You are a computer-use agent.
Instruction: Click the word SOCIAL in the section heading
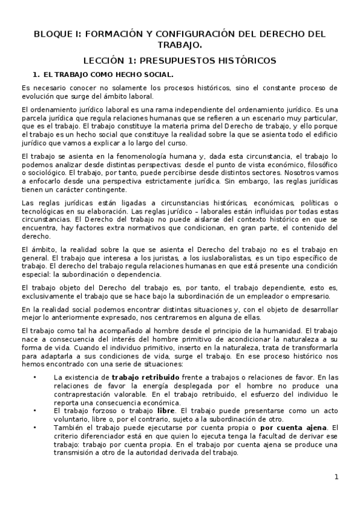[157, 75]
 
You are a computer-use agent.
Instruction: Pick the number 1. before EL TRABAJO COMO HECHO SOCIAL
[35, 75]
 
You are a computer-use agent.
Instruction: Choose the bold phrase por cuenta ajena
[282, 428]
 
